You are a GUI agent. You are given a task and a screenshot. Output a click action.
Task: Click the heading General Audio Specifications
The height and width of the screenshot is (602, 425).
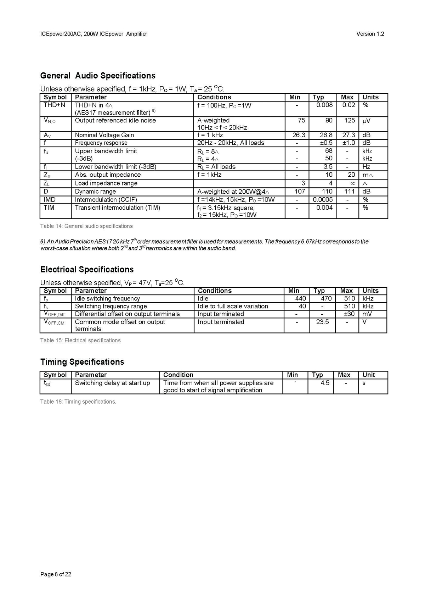98,76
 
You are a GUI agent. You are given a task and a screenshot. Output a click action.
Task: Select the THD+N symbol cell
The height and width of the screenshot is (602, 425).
54,105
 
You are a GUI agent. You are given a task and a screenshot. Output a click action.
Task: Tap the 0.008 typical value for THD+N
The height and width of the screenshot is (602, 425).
324,105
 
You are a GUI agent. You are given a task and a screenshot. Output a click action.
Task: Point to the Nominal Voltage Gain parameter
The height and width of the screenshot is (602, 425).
104,135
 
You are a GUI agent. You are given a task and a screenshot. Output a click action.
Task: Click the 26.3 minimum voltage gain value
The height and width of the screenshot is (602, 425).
299,135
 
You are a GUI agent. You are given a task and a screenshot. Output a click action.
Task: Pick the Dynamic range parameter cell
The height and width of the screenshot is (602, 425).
95,192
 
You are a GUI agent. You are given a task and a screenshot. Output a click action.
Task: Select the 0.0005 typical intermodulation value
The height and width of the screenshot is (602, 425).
323,200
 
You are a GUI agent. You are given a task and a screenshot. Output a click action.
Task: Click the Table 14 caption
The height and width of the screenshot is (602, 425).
86,226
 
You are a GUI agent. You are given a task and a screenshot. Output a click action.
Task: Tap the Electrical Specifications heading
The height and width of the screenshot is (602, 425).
87,269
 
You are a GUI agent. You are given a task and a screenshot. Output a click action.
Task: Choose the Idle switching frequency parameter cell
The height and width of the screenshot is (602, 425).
107,299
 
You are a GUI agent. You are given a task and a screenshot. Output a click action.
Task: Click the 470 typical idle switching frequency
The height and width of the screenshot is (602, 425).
326,299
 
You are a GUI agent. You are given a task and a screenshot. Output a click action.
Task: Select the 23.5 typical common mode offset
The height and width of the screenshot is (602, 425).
322,322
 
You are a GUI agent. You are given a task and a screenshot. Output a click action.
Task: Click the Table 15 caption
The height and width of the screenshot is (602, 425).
80,340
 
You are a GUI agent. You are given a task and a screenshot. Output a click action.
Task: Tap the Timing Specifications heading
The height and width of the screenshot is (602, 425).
82,362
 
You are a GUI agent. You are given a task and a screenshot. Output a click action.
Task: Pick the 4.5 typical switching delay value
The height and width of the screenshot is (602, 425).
325,383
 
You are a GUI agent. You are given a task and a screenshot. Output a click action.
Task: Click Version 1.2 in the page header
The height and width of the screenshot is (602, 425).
370,34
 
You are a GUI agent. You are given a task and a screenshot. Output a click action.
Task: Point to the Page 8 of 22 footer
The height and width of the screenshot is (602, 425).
56,574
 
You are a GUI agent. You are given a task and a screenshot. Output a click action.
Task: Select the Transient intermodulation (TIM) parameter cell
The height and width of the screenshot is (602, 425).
118,208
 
